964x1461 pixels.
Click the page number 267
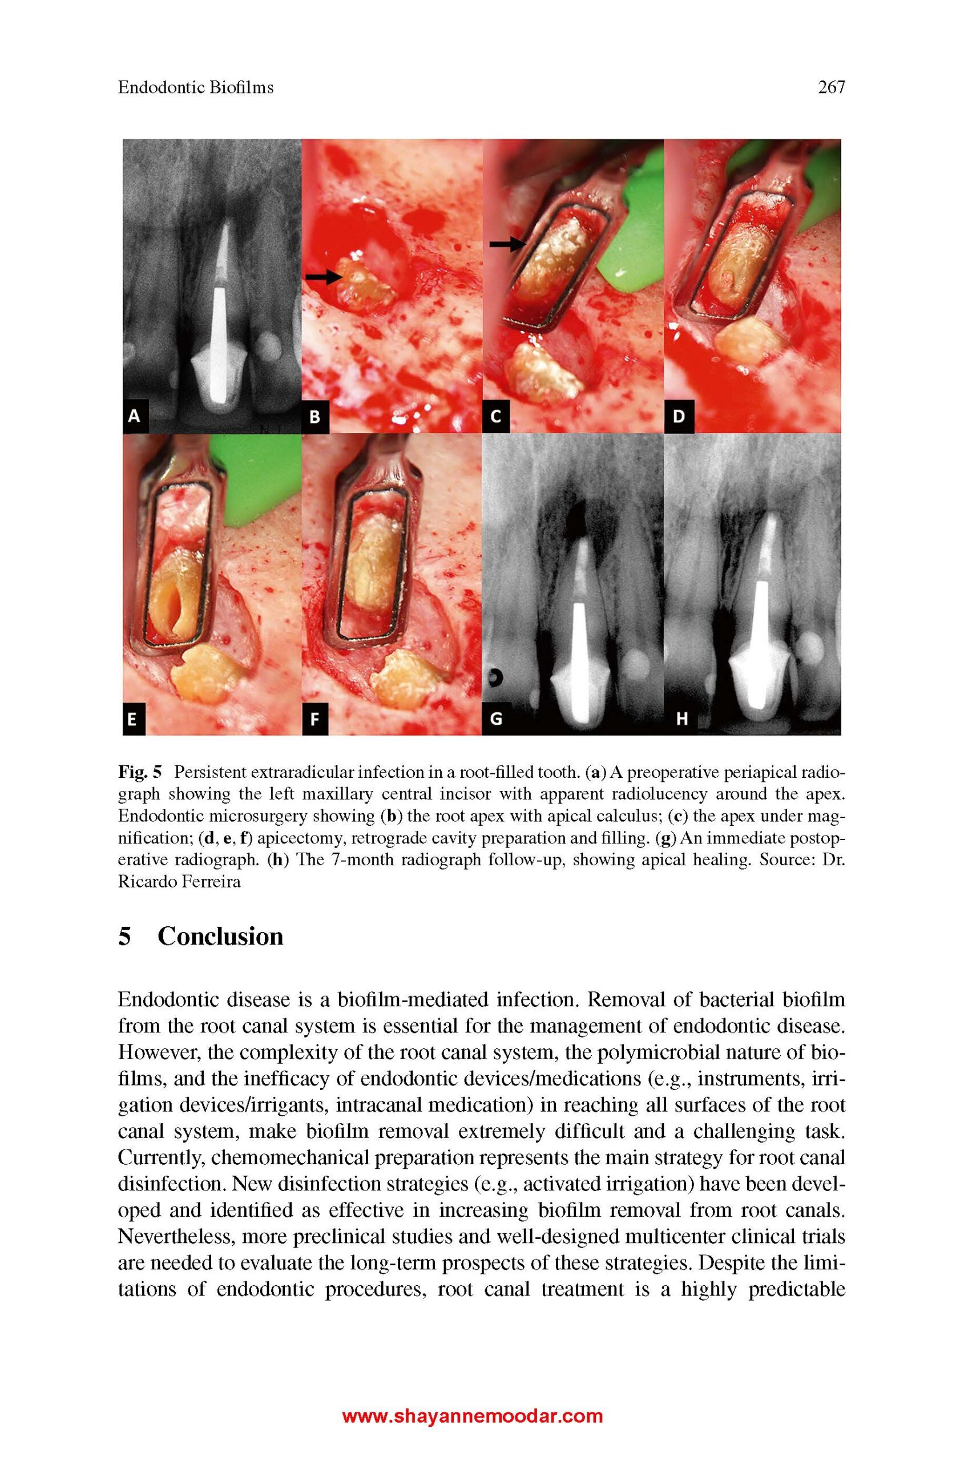831,87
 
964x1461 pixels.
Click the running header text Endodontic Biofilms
196,87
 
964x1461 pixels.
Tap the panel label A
134,416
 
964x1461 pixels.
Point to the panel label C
495,417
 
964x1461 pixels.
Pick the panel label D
678,417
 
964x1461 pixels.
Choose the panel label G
495,719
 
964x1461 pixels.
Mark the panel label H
681,719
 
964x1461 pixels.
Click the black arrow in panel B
324,277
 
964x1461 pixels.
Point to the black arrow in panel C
505,245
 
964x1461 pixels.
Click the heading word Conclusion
220,937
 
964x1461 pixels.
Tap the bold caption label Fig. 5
140,772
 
